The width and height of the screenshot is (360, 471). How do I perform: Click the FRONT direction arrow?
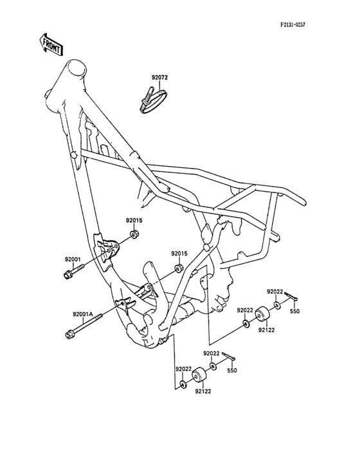click(x=51, y=44)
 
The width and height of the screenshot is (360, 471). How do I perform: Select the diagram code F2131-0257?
click(x=292, y=25)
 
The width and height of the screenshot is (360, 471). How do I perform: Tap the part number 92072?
click(x=159, y=78)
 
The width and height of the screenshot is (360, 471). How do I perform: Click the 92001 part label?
click(x=73, y=259)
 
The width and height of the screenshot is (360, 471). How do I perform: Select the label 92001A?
click(x=82, y=315)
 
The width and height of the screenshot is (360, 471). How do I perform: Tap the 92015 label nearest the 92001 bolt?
click(x=134, y=221)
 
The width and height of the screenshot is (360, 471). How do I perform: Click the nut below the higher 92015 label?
click(x=134, y=234)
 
